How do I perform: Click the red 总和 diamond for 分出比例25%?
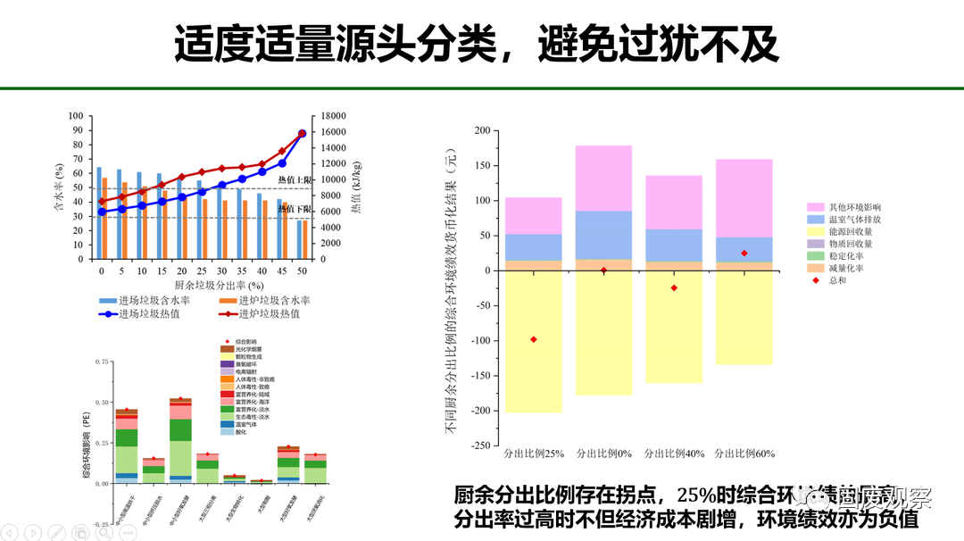click(534, 339)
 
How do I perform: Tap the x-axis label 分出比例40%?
click(674, 453)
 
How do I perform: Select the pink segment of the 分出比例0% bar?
click(603, 178)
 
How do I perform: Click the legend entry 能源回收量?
click(850, 231)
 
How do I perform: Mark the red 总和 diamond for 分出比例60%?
click(744, 254)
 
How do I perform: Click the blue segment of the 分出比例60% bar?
click(744, 249)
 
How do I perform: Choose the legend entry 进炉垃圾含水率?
click(268, 301)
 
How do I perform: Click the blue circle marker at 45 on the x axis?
click(282, 163)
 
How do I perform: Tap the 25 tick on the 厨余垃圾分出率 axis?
click(201, 271)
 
